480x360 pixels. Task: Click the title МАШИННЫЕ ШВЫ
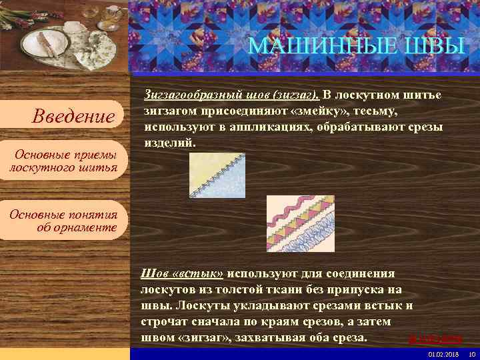point(356,47)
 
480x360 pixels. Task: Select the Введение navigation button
point(74,117)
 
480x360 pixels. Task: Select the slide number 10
point(471,353)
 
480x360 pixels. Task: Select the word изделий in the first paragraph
point(171,142)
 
